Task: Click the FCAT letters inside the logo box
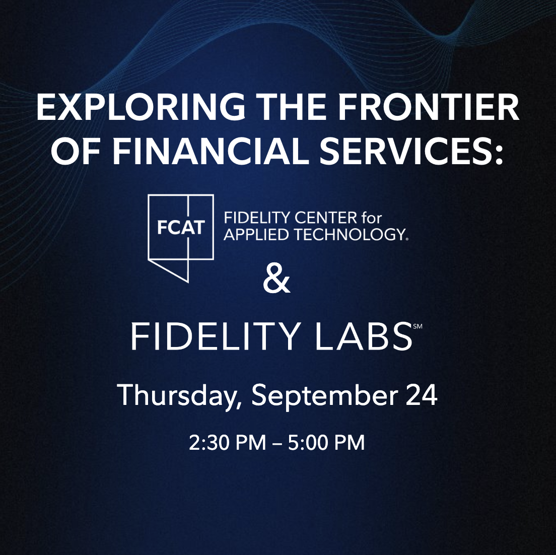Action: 181,227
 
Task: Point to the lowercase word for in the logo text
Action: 372,218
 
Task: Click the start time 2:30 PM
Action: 227,443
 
